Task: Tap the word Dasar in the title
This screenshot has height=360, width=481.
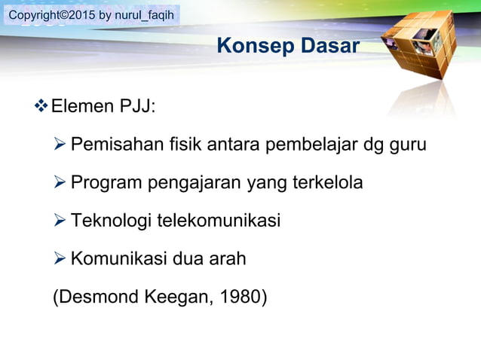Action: point(329,46)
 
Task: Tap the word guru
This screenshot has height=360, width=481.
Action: point(407,144)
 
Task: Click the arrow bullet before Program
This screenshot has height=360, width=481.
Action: point(61,182)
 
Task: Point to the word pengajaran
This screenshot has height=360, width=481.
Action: point(194,182)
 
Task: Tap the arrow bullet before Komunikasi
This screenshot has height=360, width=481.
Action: point(61,259)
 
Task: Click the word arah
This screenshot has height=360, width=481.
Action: point(228,259)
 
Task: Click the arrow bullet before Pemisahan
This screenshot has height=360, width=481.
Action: point(61,144)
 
